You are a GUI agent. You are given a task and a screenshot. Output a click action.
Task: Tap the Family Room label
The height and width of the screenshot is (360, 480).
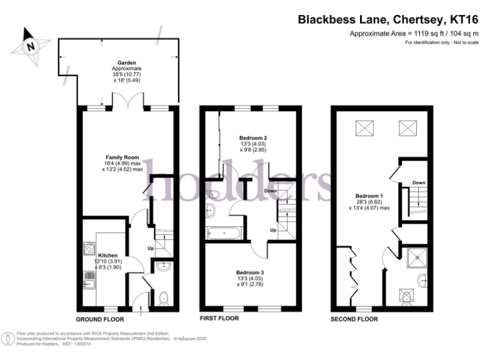(122, 157)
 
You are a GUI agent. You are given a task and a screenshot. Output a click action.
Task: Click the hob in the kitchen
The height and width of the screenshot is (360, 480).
(88, 251)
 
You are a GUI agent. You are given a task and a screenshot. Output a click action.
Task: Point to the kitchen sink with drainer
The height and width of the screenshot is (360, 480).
(88, 280)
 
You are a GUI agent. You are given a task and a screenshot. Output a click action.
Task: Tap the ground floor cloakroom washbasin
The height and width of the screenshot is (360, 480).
(163, 268)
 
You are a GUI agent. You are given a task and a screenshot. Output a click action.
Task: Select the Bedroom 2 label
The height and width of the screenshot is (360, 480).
(253, 137)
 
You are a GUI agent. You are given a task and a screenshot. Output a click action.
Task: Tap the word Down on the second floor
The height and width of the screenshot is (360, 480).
(419, 182)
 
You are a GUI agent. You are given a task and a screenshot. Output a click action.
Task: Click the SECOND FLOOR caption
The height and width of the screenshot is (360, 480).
(354, 318)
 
